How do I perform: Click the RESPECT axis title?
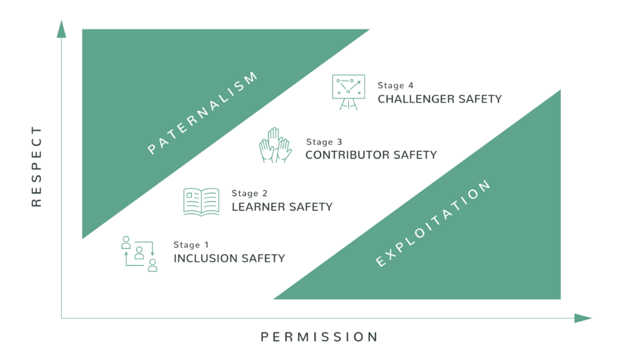(x=36, y=167)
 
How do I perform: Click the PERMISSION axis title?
(x=319, y=337)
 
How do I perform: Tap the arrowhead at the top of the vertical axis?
(x=61, y=29)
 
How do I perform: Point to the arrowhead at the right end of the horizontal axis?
(x=583, y=318)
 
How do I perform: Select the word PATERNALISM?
(x=203, y=113)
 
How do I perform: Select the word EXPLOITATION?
(x=433, y=224)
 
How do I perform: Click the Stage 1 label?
(x=191, y=245)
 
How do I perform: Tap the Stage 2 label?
(x=249, y=193)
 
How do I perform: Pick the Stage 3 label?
(x=324, y=142)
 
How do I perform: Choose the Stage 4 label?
(x=396, y=86)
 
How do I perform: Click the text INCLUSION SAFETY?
(x=229, y=259)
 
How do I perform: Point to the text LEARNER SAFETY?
(x=282, y=207)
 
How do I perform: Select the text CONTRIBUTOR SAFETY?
(x=371, y=155)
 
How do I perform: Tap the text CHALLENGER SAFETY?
(x=439, y=99)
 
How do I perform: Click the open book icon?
(x=201, y=202)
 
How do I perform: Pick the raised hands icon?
(x=275, y=145)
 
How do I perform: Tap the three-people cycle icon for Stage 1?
(x=140, y=254)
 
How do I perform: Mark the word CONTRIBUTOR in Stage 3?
(x=348, y=155)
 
